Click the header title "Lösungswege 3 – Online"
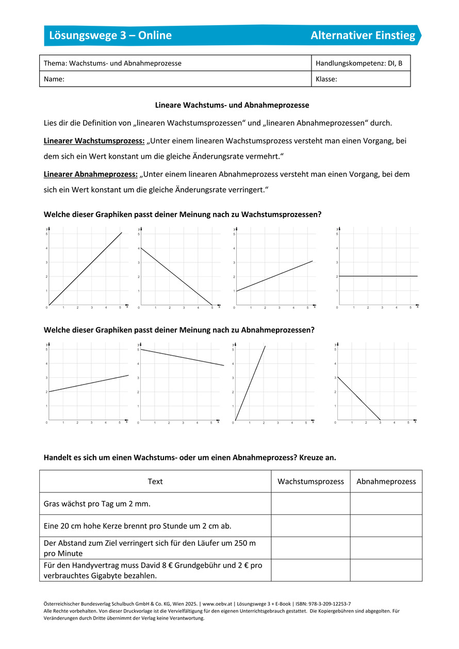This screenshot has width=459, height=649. coord(110,36)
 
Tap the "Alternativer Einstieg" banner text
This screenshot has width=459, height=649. coord(363,36)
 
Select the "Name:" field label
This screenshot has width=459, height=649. coord(54,79)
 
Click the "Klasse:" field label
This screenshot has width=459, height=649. coord(326,79)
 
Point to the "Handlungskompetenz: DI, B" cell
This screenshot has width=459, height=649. coord(359,63)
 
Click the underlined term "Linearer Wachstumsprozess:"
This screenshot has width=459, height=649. coord(94,141)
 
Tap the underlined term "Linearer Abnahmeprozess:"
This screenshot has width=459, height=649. coord(91,174)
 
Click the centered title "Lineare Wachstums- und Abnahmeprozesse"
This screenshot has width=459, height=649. coord(232,105)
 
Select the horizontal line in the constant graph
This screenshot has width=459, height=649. coord(378,276)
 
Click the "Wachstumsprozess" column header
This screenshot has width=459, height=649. coord(310,481)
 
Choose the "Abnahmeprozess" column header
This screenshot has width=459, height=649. coord(386,481)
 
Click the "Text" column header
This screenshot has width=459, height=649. coord(155,481)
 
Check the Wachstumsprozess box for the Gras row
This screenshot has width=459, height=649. coord(310,504)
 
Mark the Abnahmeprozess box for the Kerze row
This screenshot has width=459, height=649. coord(386,526)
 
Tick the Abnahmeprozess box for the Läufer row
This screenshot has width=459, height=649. coord(386,548)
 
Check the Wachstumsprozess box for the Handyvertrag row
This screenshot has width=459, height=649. coord(310,570)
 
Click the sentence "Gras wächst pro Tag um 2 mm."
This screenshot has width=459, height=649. coord(97,504)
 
